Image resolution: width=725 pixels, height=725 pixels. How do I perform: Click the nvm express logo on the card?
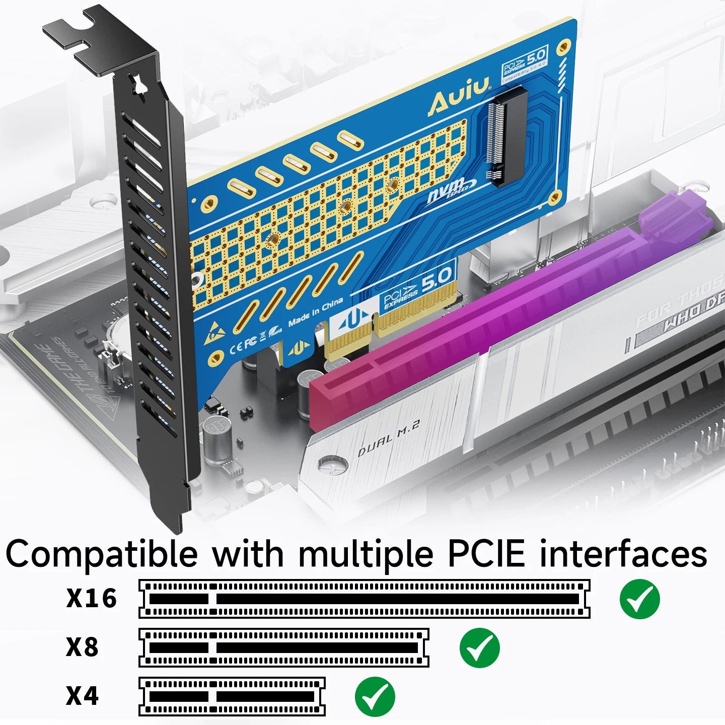pyautogui.click(x=451, y=190)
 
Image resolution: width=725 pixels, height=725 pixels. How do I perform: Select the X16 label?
pyautogui.click(x=92, y=598)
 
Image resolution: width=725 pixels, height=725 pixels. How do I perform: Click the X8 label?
pyautogui.click(x=83, y=647)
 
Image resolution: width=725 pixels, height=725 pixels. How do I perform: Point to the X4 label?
pyautogui.click(x=83, y=696)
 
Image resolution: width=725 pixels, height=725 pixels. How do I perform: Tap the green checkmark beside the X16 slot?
pyautogui.click(x=639, y=599)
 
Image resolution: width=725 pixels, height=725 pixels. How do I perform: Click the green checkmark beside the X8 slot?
pyautogui.click(x=479, y=648)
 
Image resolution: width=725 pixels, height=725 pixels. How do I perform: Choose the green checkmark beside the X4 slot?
pyautogui.click(x=375, y=697)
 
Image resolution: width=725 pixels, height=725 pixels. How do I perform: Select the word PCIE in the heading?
pyautogui.click(x=486, y=554)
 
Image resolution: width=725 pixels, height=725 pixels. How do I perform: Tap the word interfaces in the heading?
pyautogui.click(x=623, y=554)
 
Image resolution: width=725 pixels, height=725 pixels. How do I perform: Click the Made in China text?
pyautogui.click(x=316, y=312)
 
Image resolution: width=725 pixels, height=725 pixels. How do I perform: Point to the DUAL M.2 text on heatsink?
pyautogui.click(x=388, y=439)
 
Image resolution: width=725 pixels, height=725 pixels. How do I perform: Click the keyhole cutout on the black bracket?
pyautogui.click(x=138, y=86)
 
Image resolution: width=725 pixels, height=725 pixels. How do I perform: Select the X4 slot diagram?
pyautogui.click(x=232, y=697)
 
